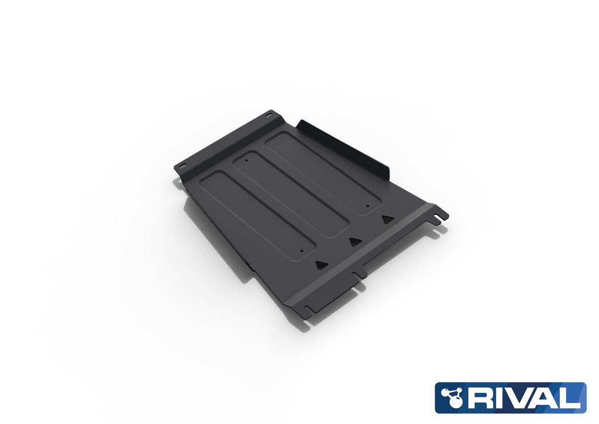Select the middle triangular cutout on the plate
[x=353, y=241]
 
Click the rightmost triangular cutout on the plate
[x=385, y=219]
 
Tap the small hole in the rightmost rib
[x=367, y=206]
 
